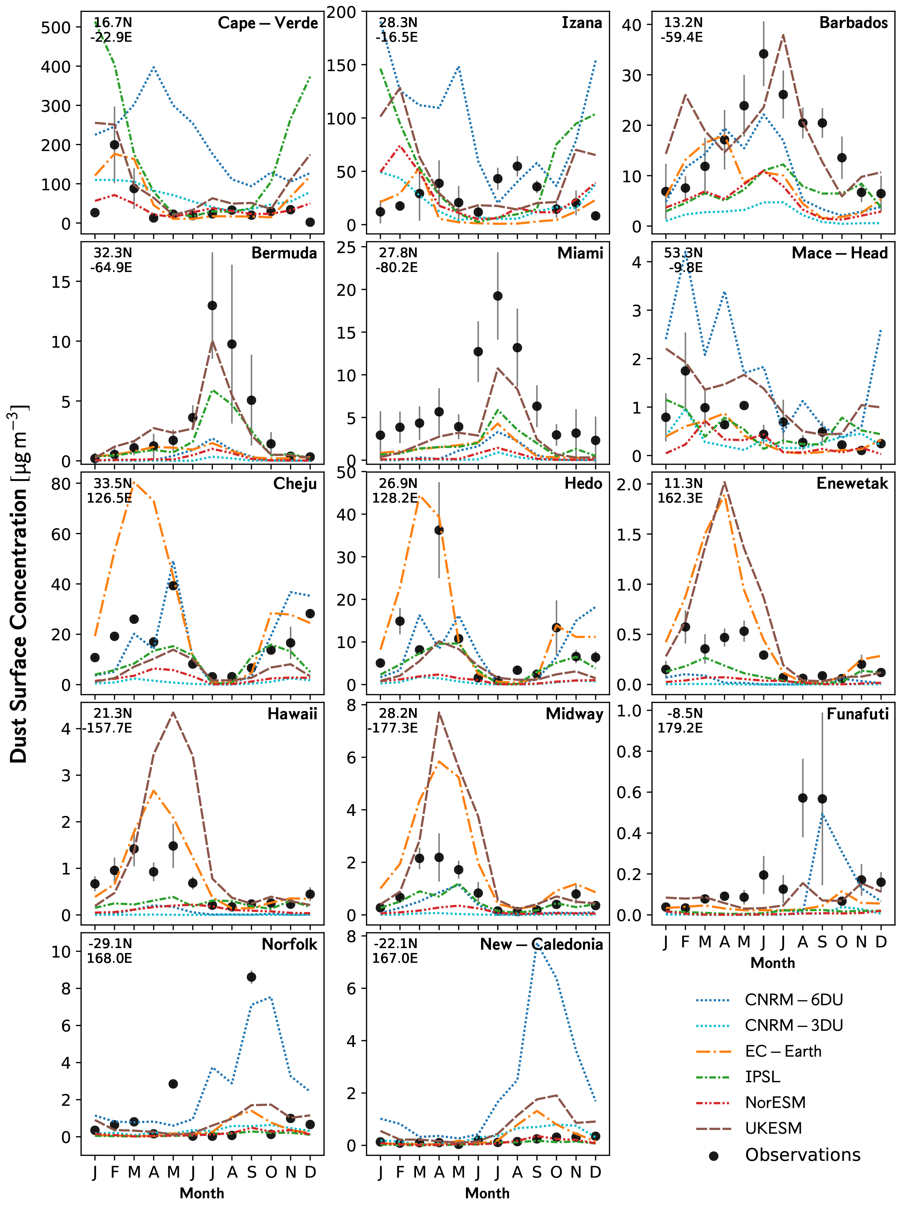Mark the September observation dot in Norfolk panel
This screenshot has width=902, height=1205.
[x=251, y=977]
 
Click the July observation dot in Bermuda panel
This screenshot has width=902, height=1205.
[x=212, y=306]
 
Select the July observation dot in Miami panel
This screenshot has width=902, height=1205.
[x=498, y=296]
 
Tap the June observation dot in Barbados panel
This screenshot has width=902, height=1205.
[x=764, y=54]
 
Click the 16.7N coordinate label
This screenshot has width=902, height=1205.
[x=113, y=23]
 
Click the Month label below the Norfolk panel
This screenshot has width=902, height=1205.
[x=202, y=1193]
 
